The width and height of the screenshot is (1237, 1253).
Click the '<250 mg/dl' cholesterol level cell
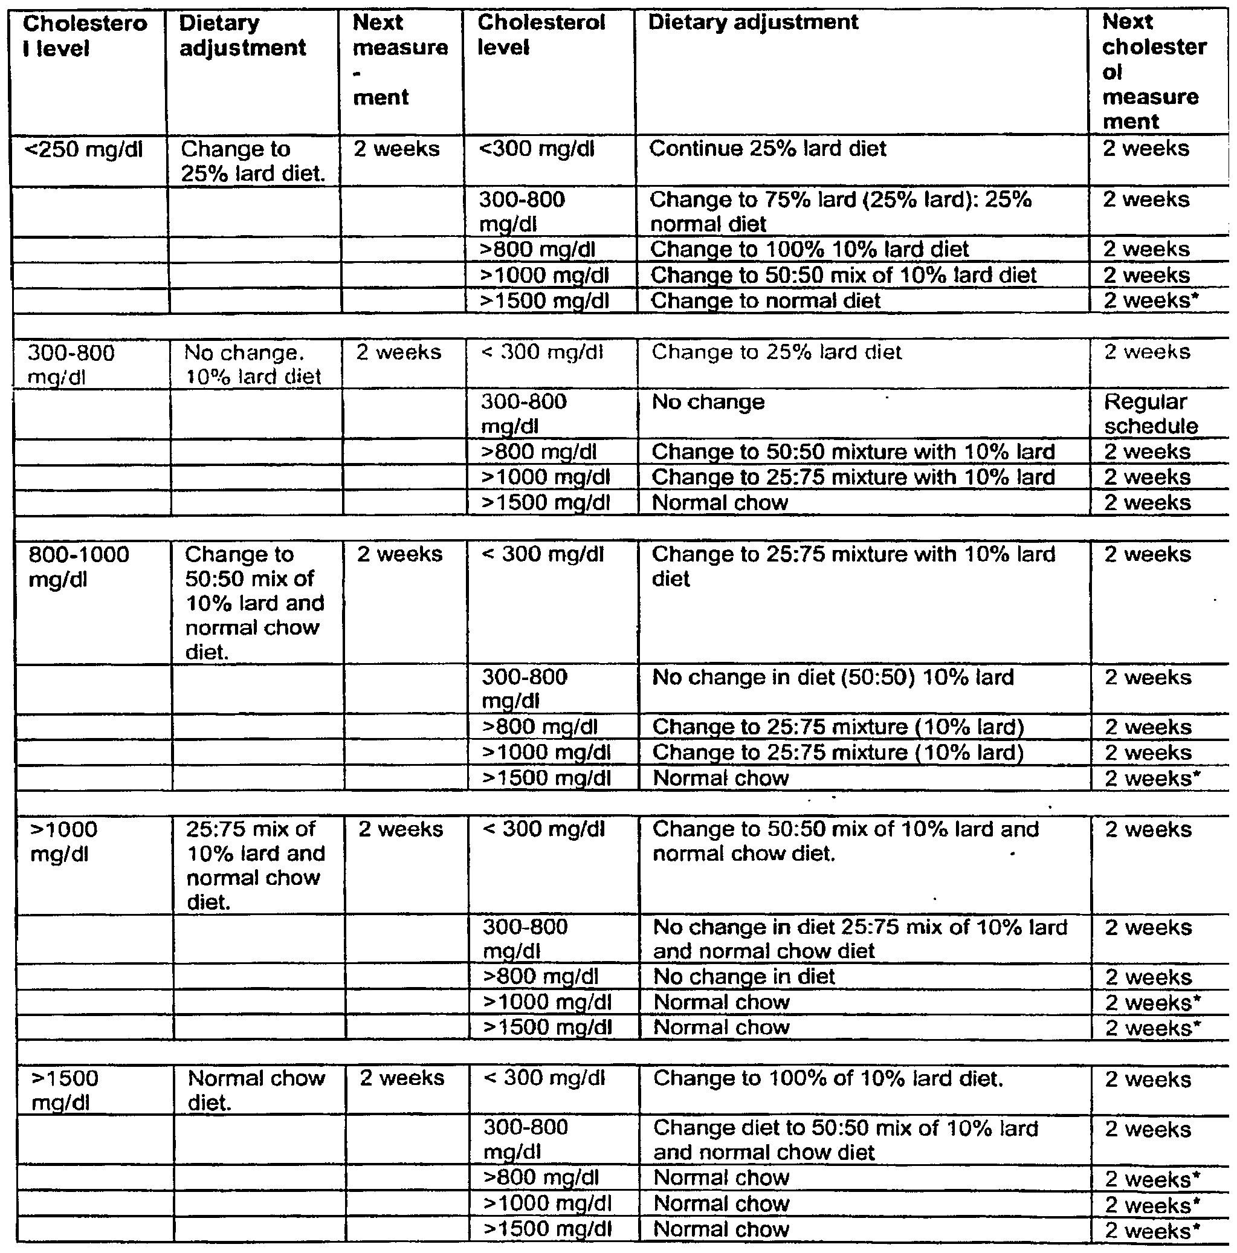83,151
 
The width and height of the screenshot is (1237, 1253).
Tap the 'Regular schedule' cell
1150,414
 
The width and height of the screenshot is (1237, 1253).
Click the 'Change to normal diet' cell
765,301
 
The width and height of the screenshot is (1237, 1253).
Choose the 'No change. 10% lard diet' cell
253,364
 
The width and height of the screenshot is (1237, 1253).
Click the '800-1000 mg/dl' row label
79,567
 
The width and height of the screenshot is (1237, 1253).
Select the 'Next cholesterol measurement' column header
1154,71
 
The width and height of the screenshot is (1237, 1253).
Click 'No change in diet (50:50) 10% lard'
833,678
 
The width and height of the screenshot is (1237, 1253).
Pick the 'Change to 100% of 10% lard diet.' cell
828,1078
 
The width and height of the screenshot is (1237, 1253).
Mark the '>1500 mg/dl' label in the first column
65,1090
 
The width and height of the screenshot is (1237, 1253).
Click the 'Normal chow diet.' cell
256,1090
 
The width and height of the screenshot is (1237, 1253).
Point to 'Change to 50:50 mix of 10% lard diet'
844,276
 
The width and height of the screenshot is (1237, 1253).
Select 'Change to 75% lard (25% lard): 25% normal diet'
840,212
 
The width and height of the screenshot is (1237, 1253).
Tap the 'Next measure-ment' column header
400,60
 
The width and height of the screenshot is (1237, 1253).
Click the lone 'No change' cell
708,403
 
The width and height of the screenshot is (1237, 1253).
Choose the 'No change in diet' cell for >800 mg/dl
744,977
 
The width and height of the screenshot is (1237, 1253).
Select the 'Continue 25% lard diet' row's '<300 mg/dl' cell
536,149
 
